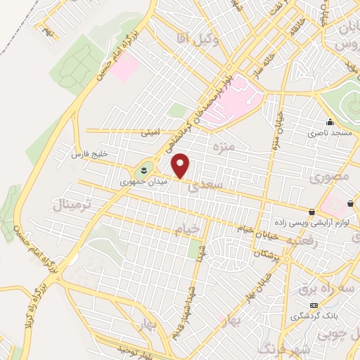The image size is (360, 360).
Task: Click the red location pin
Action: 181,165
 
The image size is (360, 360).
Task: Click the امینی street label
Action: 150,131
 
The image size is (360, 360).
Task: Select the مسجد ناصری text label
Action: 327,132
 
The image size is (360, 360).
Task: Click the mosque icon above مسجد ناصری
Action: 330,122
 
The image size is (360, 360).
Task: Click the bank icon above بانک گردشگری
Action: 313,305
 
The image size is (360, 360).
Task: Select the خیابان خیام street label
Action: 268,231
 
